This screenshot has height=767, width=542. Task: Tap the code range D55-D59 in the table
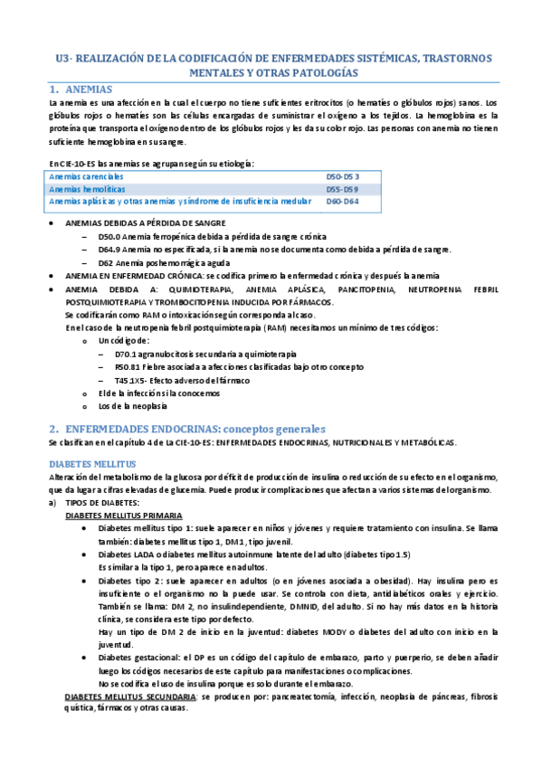342,189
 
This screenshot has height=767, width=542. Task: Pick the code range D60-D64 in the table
342,202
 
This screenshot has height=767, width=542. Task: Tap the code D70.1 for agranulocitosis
128,355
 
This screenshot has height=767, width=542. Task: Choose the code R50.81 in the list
130,367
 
